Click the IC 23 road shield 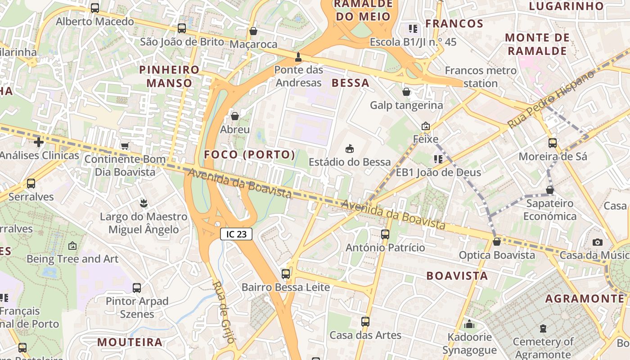click(x=236, y=234)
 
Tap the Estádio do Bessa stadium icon click(x=349, y=148)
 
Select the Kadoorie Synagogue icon click(x=469, y=324)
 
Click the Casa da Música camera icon click(x=598, y=242)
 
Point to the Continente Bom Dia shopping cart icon click(x=125, y=146)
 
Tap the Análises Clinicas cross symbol click(x=39, y=142)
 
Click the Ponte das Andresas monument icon click(x=298, y=57)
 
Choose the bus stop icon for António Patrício click(x=385, y=234)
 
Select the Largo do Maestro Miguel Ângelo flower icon click(x=144, y=203)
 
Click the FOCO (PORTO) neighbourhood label click(x=250, y=155)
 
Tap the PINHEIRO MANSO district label click(x=169, y=76)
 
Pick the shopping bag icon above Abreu click(x=234, y=116)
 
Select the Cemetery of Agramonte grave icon click(x=543, y=328)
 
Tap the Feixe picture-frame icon click(x=426, y=126)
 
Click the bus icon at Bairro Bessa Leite click(x=286, y=274)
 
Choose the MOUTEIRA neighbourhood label click(x=130, y=342)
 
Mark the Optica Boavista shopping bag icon click(x=497, y=242)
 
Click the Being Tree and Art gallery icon click(x=72, y=246)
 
